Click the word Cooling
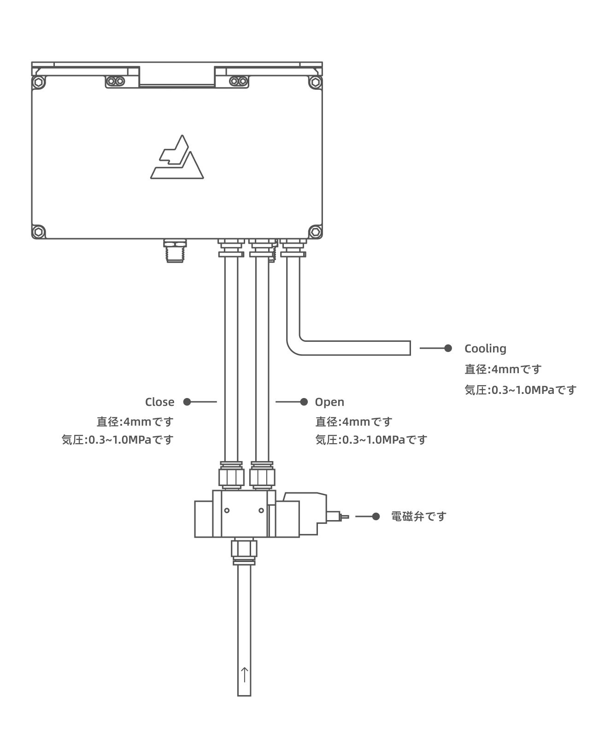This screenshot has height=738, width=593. [485, 349]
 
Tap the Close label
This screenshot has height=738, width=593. [159, 402]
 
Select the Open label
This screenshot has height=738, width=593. [329, 402]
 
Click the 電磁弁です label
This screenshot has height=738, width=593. [419, 516]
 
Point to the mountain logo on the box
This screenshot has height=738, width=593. [177, 158]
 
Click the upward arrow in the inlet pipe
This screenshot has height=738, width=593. [244, 674]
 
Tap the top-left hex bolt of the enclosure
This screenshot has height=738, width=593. [39, 83]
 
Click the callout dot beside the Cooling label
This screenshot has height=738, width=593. [448, 348]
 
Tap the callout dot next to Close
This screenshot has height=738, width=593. [187, 402]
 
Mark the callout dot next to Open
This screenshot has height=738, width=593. [304, 402]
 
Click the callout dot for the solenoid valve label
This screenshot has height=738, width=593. [376, 516]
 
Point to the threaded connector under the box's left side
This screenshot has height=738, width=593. [175, 251]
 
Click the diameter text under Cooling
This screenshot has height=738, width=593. [503, 369]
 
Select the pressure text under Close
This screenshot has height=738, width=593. [117, 440]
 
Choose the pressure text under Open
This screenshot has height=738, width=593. [371, 440]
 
